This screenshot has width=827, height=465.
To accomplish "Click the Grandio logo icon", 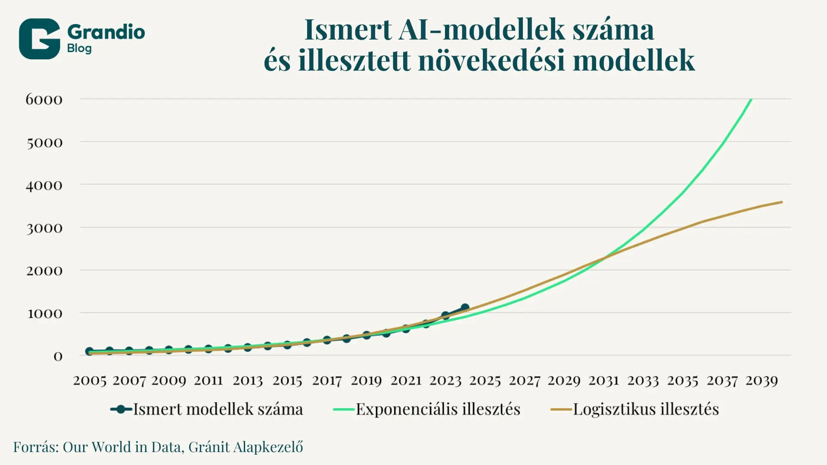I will click(x=39, y=39).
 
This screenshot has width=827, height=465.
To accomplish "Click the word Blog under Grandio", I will click(x=79, y=48).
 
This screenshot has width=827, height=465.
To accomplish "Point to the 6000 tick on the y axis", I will click(x=44, y=99).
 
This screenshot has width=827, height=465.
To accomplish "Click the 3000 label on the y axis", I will click(x=44, y=228).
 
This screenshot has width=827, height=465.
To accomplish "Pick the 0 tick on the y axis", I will click(x=58, y=356).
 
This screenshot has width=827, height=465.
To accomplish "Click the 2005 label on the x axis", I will click(x=90, y=381).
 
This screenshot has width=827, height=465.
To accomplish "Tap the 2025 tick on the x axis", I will click(x=485, y=381).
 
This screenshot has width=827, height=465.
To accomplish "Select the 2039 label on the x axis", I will click(x=762, y=381).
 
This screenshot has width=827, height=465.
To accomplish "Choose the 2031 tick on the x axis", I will click(x=603, y=381).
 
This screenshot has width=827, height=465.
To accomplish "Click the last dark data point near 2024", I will click(x=465, y=308).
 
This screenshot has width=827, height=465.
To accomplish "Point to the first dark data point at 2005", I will click(x=90, y=351).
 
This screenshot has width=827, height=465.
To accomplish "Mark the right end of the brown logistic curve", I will click(x=782, y=202).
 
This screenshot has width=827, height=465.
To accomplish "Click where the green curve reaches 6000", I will click(x=751, y=99).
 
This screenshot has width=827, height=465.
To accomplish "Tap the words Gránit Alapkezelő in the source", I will click(x=246, y=447).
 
